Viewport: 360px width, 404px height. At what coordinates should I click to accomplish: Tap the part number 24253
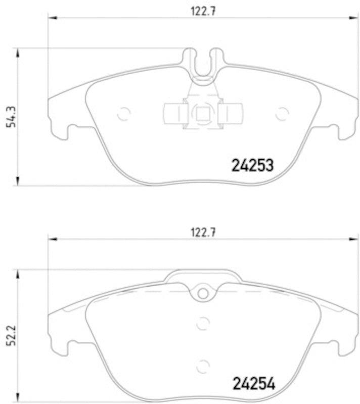252,165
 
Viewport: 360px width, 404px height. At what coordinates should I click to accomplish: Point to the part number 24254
253,384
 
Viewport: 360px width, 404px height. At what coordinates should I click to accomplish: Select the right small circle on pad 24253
282,114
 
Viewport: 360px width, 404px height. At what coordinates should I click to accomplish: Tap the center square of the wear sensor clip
203,114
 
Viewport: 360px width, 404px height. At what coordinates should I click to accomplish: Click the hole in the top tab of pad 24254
203,293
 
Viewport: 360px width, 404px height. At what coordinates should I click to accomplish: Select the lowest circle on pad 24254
203,366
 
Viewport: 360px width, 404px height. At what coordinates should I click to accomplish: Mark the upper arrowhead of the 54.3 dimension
18,53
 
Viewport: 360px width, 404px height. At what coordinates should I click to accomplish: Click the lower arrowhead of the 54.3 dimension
18,182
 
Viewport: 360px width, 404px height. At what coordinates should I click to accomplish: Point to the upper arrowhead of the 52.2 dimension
18,273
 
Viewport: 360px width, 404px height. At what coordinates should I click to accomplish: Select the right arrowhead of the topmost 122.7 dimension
354,19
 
